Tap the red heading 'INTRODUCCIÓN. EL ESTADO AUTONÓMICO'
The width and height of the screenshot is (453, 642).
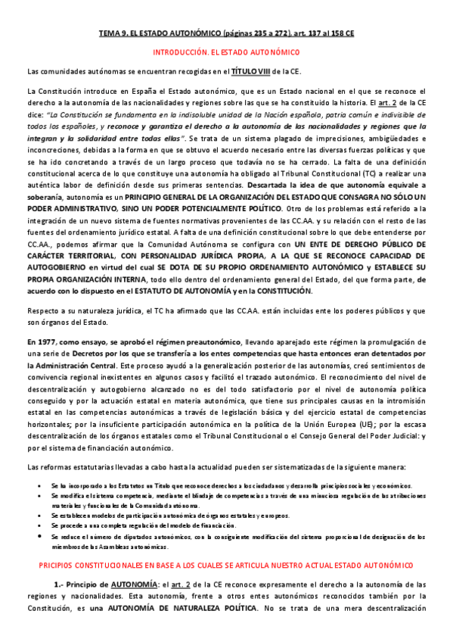pyautogui.click(x=227, y=53)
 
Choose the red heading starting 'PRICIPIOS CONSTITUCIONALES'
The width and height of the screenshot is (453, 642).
pyautogui.click(x=226, y=566)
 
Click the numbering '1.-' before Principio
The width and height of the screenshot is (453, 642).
pyautogui.click(x=63, y=584)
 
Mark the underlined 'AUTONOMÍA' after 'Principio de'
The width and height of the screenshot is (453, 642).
pyautogui.click(x=135, y=584)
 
